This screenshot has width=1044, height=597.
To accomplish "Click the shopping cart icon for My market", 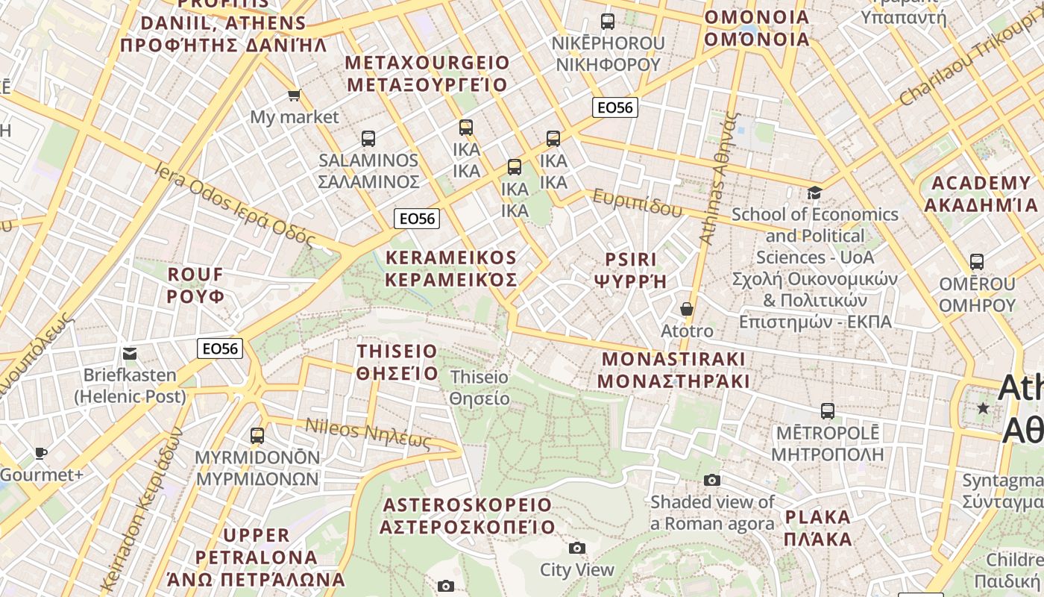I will click(x=294, y=95).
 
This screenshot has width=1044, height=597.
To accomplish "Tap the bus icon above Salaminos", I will click(x=368, y=138).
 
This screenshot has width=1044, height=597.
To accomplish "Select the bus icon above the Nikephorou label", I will click(x=608, y=22).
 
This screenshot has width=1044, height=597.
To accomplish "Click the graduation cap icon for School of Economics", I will click(x=814, y=193).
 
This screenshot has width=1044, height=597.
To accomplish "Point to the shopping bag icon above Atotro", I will click(x=687, y=308).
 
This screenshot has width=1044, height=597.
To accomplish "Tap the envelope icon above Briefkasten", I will click(x=130, y=353).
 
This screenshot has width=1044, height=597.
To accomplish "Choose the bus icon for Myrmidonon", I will click(x=257, y=435).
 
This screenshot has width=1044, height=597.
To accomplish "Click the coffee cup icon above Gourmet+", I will click(x=41, y=453).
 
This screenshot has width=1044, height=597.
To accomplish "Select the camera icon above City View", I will click(x=576, y=548).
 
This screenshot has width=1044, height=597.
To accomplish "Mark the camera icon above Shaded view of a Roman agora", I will click(x=712, y=480).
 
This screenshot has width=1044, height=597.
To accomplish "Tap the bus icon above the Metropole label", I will click(x=827, y=410).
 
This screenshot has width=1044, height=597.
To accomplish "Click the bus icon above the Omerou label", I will click(x=977, y=262).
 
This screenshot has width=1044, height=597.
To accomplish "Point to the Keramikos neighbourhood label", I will click(x=451, y=269).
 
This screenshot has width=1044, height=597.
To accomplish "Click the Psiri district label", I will click(x=631, y=270).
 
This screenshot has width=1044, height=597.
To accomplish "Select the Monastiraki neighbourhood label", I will click(x=673, y=369).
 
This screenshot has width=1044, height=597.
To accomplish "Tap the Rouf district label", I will click(x=195, y=285).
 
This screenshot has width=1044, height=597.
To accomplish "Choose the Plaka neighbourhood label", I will click(x=818, y=528).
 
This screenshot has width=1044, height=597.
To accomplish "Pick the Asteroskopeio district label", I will click(x=468, y=516).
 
